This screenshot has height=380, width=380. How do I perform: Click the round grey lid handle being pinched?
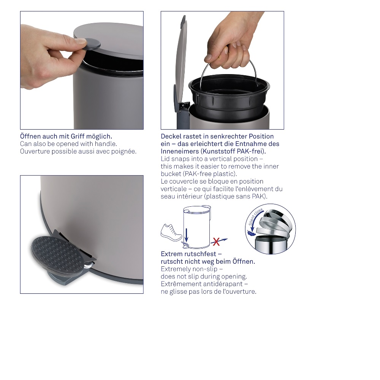pyautogui.click(x=92, y=44)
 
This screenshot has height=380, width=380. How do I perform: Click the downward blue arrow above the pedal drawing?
pyautogui.click(x=186, y=235)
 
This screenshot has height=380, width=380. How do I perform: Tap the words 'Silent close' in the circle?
pyautogui.click(x=255, y=217)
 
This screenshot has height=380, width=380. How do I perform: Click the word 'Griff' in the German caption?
pyautogui.click(x=78, y=136)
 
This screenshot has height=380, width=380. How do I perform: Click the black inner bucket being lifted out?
pyautogui.click(x=229, y=97)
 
